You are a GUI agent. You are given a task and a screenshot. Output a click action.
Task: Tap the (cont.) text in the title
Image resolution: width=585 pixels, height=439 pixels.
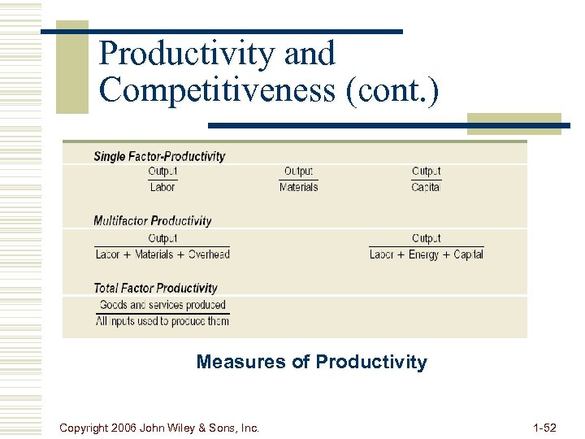pyautogui.click(x=393, y=90)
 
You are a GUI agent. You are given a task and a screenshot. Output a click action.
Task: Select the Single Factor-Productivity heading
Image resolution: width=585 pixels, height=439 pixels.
pyautogui.click(x=159, y=156)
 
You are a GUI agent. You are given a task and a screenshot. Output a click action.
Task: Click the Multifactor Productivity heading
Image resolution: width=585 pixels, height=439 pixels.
pyautogui.click(x=152, y=220)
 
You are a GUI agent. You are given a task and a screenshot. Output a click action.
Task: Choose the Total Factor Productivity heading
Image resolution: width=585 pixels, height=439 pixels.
pyautogui.click(x=155, y=288)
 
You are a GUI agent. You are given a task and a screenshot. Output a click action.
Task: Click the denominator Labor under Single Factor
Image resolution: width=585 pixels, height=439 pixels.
pyautogui.click(x=162, y=187)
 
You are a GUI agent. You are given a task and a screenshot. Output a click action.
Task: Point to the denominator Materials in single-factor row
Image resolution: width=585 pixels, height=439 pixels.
pyautogui.click(x=298, y=187)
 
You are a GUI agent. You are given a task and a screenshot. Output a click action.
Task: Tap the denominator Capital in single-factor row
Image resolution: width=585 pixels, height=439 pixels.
pyautogui.click(x=426, y=187)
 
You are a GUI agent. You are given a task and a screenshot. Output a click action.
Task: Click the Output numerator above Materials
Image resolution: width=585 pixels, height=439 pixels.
pyautogui.click(x=298, y=172)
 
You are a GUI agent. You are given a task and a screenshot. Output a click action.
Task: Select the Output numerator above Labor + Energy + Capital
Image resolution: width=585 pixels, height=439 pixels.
pyautogui.click(x=426, y=238)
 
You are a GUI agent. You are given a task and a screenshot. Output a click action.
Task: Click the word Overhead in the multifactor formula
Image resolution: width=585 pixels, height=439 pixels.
pyautogui.click(x=209, y=254)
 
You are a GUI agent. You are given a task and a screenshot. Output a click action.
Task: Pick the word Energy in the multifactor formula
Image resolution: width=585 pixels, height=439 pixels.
pyautogui.click(x=424, y=254)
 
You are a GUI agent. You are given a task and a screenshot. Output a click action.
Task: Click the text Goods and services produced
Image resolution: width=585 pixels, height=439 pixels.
pyautogui.click(x=162, y=305)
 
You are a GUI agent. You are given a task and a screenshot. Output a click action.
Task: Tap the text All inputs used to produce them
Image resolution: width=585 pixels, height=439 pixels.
pyautogui.click(x=162, y=321)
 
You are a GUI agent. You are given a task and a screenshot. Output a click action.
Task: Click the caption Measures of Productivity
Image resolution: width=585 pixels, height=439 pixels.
pyautogui.click(x=311, y=362)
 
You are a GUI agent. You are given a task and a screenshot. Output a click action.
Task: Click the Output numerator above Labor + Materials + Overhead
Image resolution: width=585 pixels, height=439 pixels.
pyautogui.click(x=162, y=238)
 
